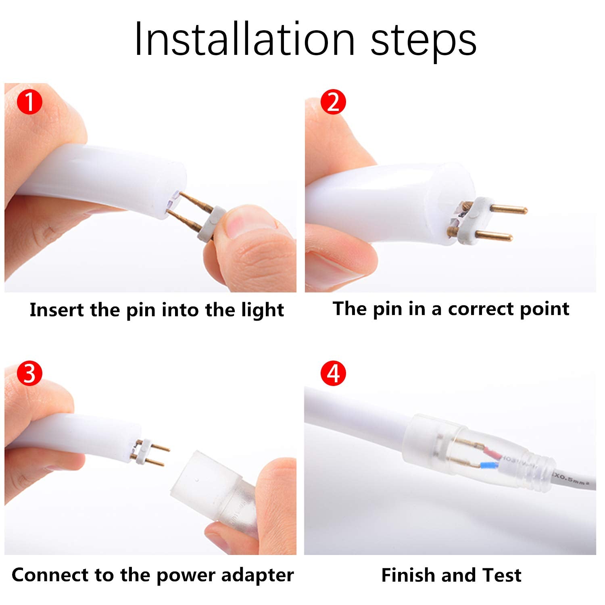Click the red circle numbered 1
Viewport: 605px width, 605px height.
click(x=30, y=102)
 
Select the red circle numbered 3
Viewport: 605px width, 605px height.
click(x=30, y=374)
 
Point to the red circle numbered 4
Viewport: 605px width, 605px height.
click(x=333, y=374)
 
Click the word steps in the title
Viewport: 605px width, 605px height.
click(x=423, y=42)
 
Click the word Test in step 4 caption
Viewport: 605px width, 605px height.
click(x=502, y=575)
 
